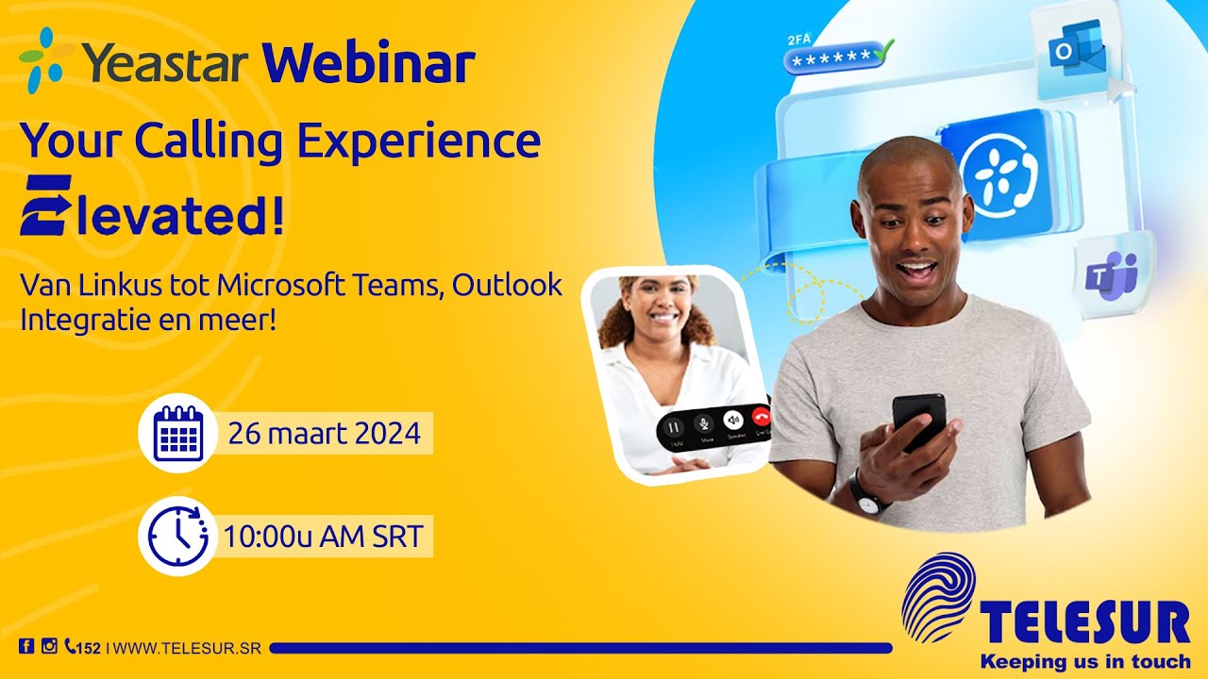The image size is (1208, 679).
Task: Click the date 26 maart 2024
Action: click(324, 434)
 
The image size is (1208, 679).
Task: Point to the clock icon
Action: click(177, 536)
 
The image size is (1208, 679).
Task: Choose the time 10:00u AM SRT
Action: click(322, 537)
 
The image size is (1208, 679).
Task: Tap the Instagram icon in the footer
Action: click(49, 647)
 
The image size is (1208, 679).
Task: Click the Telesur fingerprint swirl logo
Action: click(937, 597)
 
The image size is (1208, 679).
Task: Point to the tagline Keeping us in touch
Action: click(1084, 660)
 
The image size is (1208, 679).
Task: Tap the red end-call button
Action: click(761, 422)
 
